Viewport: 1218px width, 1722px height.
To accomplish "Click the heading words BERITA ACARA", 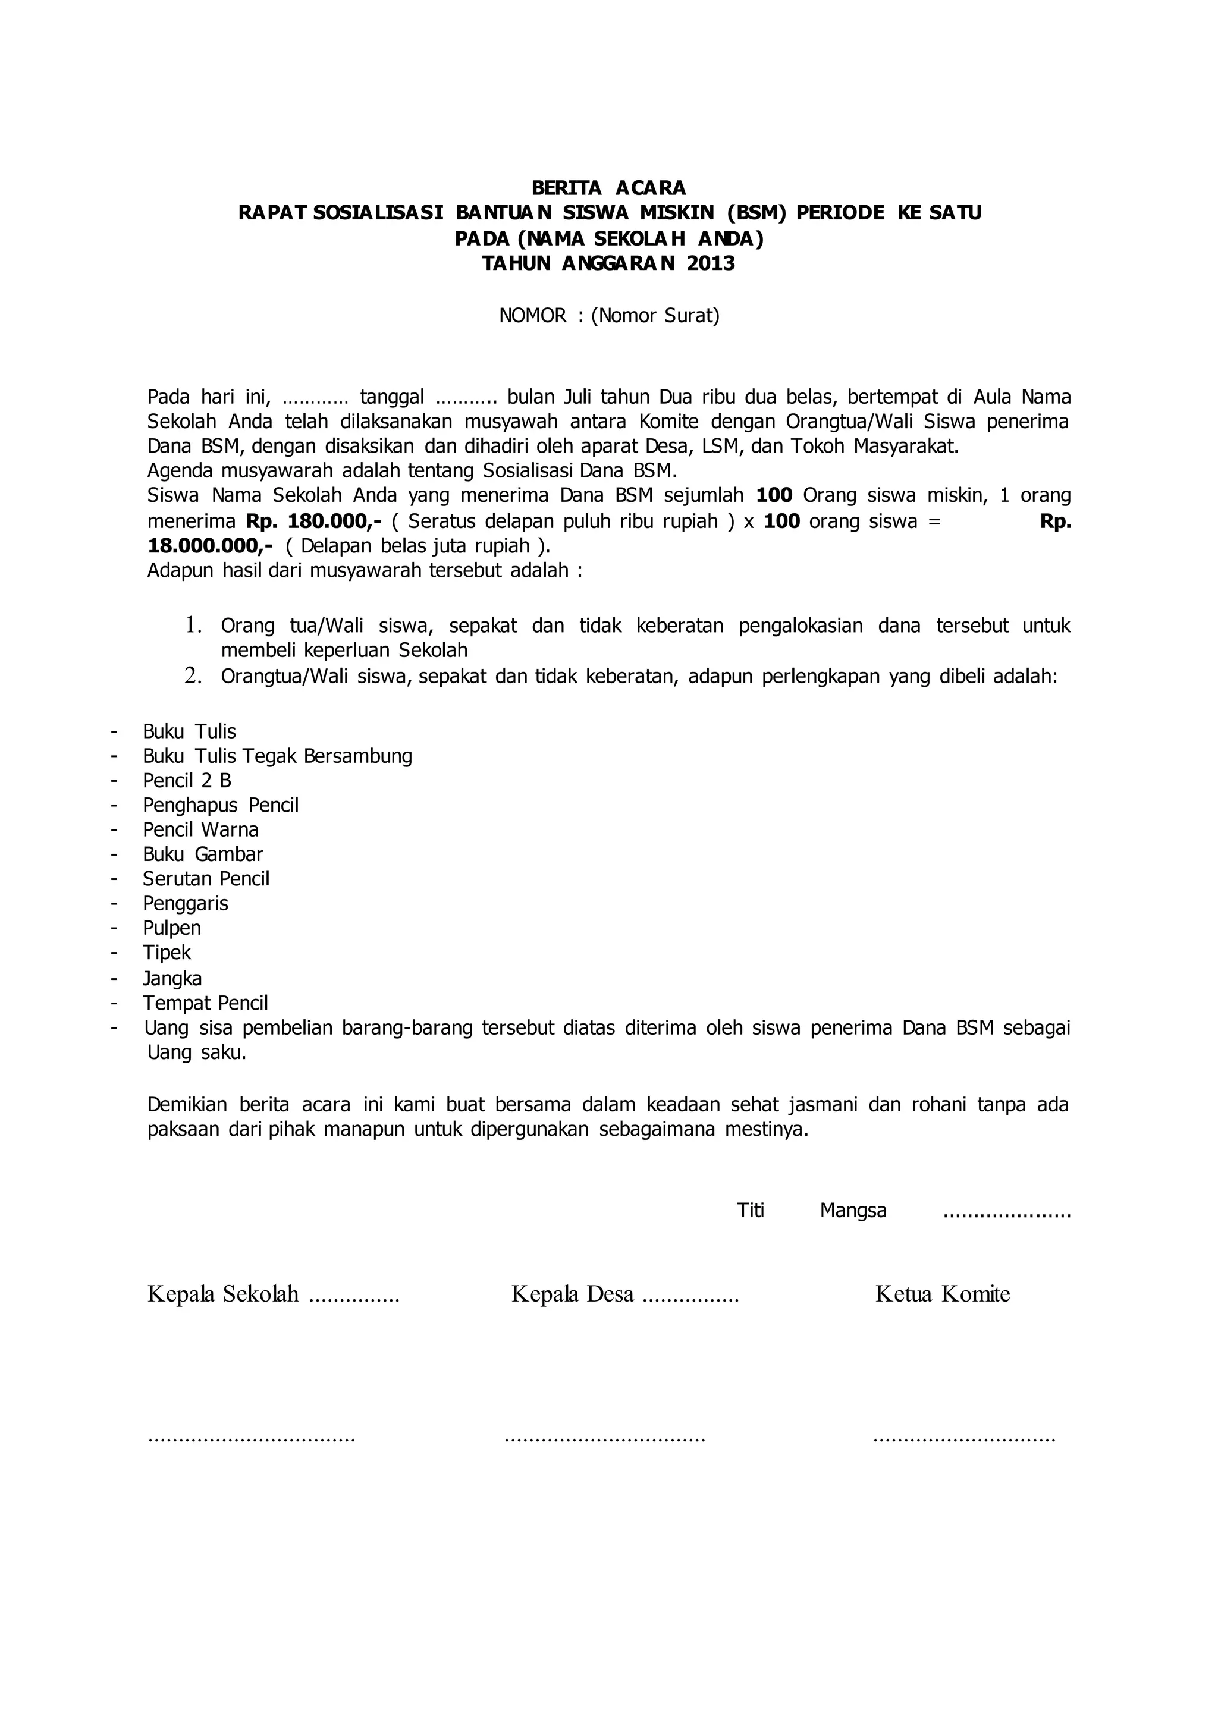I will (608, 187).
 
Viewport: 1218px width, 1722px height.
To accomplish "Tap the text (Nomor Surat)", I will (655, 316).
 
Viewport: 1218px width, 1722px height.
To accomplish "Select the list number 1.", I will (193, 625).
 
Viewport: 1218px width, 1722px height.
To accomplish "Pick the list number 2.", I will (193, 677).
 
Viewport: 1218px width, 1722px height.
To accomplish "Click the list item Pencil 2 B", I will (187, 781).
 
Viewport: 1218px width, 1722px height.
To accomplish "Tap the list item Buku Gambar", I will (202, 854).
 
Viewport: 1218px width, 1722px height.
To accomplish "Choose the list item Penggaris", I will (185, 904).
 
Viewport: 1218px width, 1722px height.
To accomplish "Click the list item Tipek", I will (167, 953).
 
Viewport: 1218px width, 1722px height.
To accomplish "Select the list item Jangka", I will (172, 979).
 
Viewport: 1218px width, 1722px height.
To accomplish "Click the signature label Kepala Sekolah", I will (223, 1293).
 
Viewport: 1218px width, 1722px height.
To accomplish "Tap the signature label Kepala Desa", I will (572, 1293).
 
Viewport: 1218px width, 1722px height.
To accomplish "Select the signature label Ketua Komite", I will (942, 1293).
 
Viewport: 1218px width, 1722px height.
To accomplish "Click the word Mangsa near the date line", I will (853, 1211).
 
